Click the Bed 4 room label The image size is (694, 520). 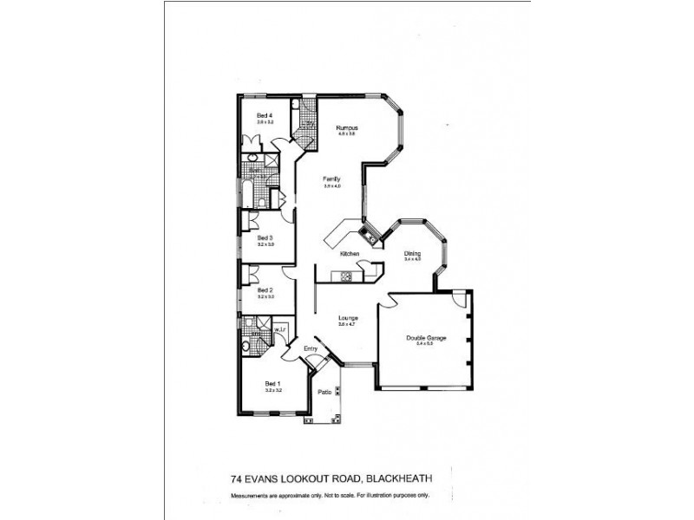[265, 115]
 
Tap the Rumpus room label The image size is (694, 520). [348, 128]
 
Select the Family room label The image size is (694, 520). [331, 179]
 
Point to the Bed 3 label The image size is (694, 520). [265, 237]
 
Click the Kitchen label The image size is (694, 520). [350, 253]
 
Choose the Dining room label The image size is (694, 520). [412, 253]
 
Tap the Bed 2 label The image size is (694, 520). [265, 290]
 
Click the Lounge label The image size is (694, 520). [349, 318]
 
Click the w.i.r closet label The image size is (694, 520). [279, 329]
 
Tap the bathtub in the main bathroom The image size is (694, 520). [247, 194]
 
